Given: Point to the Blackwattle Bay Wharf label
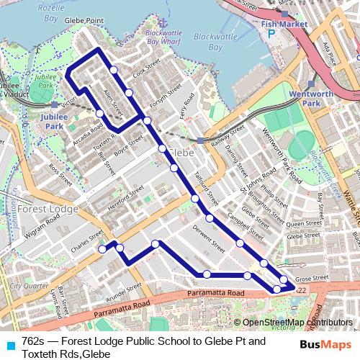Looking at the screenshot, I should [163, 37].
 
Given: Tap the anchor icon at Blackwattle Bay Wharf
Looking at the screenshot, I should [163, 22].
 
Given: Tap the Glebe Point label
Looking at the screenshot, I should [84, 22].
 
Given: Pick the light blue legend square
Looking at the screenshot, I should [9, 346].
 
